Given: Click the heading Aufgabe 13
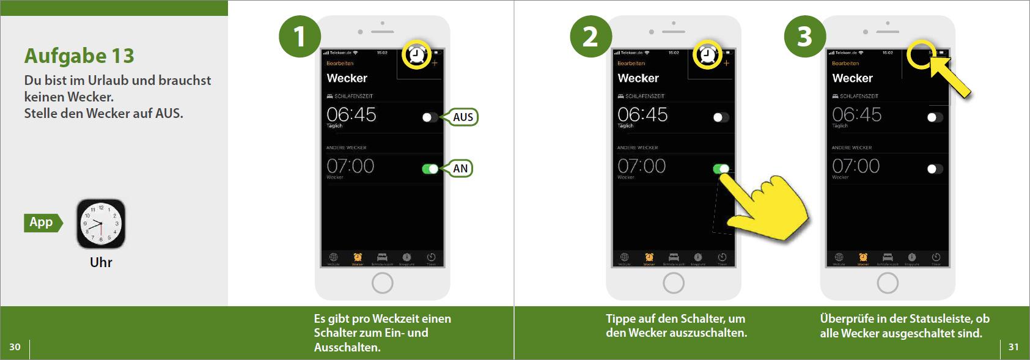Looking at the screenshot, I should click(x=79, y=56).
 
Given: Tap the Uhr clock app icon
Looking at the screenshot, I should click(x=101, y=224).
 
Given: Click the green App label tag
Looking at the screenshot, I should click(x=42, y=222).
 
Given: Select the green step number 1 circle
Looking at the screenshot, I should click(x=300, y=37).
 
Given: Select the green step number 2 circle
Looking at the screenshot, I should click(x=590, y=37).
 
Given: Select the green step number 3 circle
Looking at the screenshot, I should click(x=804, y=37).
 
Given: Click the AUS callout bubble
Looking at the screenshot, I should click(x=463, y=117).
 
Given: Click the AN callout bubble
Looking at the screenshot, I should click(x=460, y=169).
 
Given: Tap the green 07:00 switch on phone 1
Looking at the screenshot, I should click(x=430, y=169).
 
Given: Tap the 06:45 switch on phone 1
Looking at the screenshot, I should click(x=430, y=117).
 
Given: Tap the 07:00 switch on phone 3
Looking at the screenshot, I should click(x=935, y=169).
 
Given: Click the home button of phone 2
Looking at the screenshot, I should click(x=674, y=283).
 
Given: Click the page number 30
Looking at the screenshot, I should click(x=15, y=347).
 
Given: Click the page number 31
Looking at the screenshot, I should click(x=1013, y=347).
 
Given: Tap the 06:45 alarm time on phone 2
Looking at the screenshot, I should click(x=642, y=114).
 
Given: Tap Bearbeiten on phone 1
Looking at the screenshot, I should click(x=340, y=64).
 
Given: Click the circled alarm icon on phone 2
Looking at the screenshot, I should click(x=707, y=56).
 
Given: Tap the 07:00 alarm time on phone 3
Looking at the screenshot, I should click(x=856, y=166).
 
